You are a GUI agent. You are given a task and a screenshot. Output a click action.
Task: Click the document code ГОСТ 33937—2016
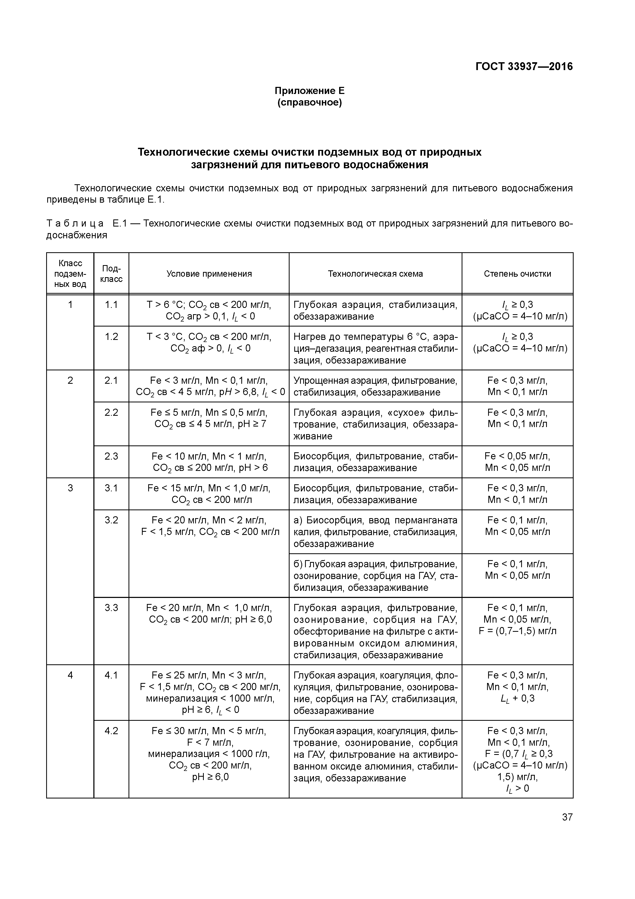pos(524,67)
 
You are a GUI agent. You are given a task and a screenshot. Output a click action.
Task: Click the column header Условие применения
pos(209,274)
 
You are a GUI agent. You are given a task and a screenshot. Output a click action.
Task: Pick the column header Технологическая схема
pos(375,274)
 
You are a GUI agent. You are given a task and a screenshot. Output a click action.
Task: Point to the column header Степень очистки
pos(517,274)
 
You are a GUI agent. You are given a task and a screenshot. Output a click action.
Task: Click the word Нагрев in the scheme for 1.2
pos(307,337)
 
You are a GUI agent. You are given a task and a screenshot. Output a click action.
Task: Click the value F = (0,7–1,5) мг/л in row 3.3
pos(517,631)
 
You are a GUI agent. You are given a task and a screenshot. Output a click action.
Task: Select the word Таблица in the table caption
pos(75,224)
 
